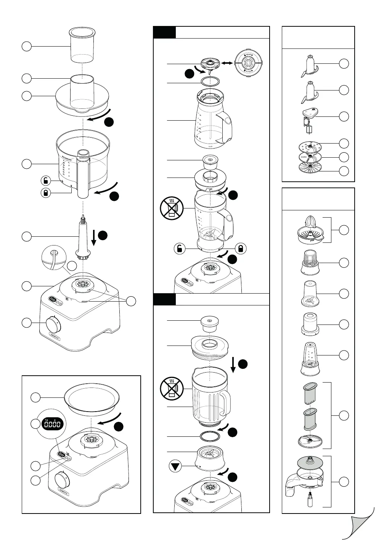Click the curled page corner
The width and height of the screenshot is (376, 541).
358,527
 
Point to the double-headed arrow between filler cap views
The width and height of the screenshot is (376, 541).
228,63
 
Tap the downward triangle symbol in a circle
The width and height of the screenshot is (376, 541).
175,466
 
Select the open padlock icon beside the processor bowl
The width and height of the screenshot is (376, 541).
46,180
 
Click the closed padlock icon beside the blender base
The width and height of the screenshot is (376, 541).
241,249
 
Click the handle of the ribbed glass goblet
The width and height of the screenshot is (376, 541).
225,399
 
